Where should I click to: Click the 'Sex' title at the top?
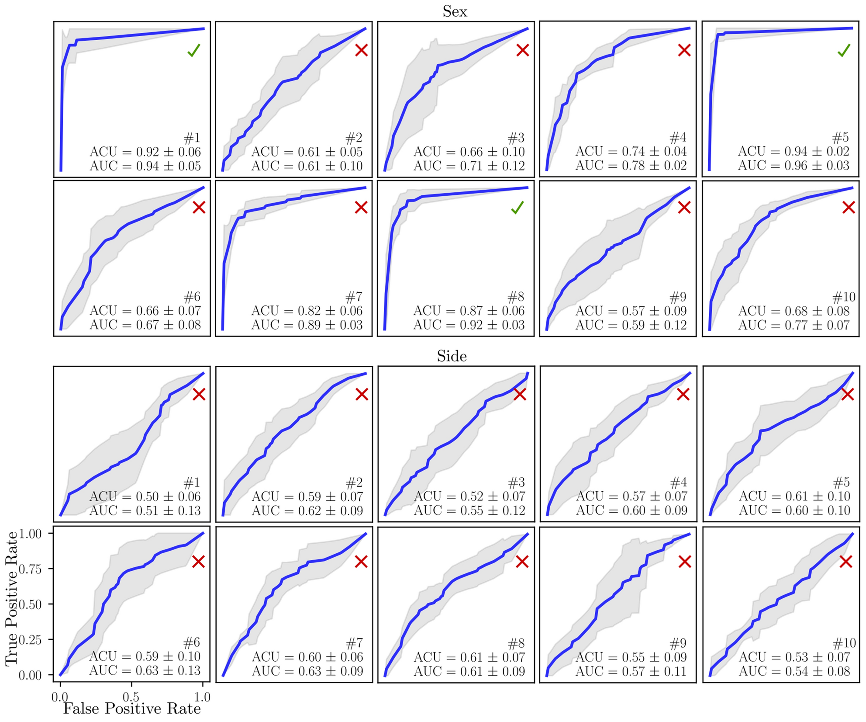point(455,11)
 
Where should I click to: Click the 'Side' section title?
point(452,356)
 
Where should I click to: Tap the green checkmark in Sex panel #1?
point(193,50)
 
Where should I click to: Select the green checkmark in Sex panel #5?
point(844,50)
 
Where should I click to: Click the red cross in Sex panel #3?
point(522,50)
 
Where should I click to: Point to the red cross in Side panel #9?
point(684,562)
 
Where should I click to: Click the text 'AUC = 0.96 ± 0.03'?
point(794,166)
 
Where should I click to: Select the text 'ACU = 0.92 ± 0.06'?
point(145,152)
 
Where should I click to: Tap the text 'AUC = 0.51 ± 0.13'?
point(145,510)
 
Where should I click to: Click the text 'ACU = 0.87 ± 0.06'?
point(469,311)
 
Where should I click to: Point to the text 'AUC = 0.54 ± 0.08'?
point(794,671)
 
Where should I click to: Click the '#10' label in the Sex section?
point(844,298)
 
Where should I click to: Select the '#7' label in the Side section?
point(354,643)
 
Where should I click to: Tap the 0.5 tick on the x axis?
point(131,697)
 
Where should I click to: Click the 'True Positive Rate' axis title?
point(12,598)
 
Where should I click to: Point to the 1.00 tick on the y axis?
point(30,533)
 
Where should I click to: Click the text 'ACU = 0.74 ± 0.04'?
point(631,152)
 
